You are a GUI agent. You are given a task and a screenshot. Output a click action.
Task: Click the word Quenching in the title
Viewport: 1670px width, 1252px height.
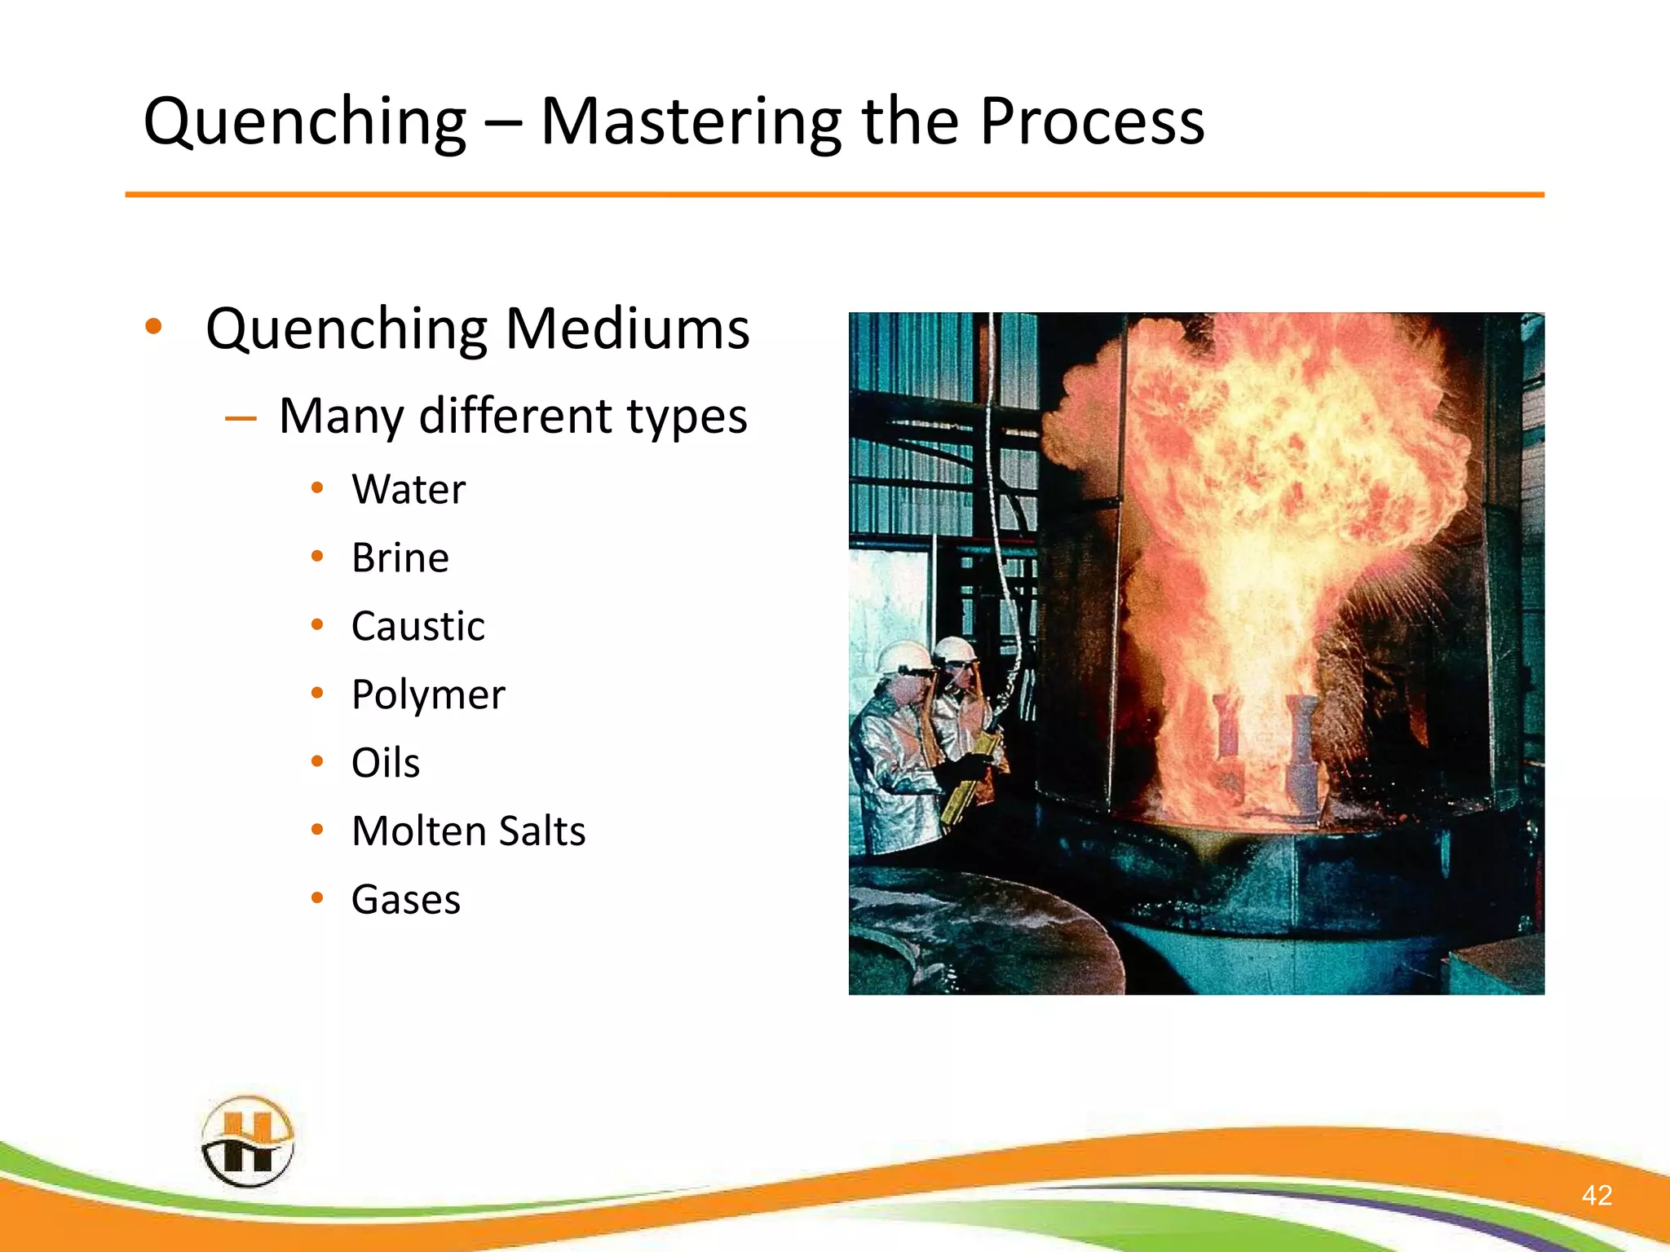click(304, 122)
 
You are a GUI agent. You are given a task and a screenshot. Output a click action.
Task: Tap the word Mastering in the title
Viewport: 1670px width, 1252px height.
click(690, 122)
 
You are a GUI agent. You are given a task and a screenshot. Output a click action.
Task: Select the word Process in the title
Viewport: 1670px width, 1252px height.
click(1091, 122)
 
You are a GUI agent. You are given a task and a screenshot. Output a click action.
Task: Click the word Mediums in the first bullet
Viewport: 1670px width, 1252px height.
click(627, 329)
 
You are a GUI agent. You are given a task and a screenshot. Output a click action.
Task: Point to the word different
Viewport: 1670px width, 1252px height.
click(515, 417)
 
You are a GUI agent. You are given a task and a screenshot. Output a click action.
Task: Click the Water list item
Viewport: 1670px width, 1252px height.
click(409, 490)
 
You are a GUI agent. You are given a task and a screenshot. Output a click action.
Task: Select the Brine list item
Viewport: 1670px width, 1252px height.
click(400, 558)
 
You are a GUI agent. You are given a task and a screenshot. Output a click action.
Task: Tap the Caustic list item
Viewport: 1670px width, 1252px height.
click(417, 627)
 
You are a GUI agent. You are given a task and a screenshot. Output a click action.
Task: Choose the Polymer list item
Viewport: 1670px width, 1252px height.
click(428, 695)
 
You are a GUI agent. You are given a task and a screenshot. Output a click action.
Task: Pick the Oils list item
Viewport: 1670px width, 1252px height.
click(385, 764)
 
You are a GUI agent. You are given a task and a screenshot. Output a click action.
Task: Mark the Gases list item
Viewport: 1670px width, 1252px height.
click(405, 900)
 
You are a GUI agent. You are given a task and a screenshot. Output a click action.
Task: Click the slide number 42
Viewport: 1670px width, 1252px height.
click(1597, 1195)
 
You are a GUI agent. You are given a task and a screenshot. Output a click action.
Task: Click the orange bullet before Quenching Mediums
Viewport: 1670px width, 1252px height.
click(153, 328)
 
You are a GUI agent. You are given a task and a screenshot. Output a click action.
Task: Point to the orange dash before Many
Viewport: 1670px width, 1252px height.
click(241, 419)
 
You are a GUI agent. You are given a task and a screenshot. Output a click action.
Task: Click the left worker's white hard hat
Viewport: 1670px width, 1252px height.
click(903, 656)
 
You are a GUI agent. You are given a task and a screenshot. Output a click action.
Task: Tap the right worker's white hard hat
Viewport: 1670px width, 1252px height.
click(955, 649)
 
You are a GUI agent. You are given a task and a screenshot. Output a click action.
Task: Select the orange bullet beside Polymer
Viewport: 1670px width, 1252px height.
click(317, 694)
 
